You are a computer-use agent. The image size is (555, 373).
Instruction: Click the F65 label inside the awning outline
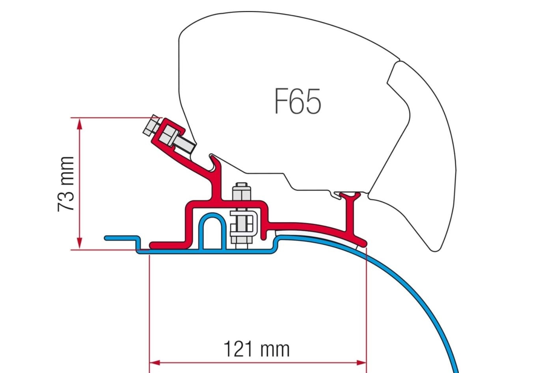(x=298, y=101)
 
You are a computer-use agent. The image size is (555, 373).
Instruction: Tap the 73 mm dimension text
(x=66, y=184)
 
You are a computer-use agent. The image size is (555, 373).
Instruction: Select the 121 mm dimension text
(x=256, y=349)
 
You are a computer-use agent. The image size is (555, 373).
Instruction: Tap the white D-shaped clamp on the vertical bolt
(x=244, y=224)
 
